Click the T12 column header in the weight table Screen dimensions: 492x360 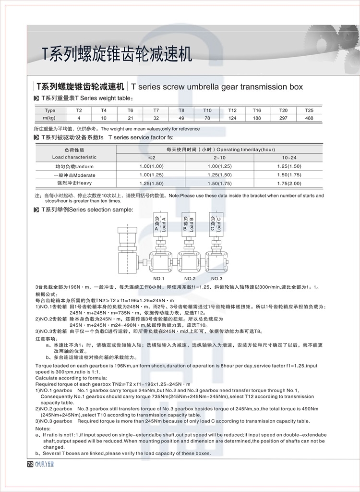click(232, 111)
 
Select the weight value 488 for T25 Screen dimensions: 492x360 click(309, 118)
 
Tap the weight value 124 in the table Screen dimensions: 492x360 click(232, 118)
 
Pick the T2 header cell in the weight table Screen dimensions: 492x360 click(79, 111)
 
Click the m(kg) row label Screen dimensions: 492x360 click(50, 118)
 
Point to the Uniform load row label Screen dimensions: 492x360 click(74, 166)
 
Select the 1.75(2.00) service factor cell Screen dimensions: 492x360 click(289, 184)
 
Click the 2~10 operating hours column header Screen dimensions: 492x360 click(220, 158)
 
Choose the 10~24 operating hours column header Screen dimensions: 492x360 click(289, 158)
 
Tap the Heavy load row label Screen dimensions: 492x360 click(74, 184)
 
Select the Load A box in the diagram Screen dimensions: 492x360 click(160, 224)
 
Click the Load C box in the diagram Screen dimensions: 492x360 click(216, 224)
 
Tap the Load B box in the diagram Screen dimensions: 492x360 click(188, 224)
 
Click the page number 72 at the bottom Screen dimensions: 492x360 click(29, 464)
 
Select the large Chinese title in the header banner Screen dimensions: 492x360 click(117, 54)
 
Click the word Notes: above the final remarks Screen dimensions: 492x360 click(43, 428)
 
